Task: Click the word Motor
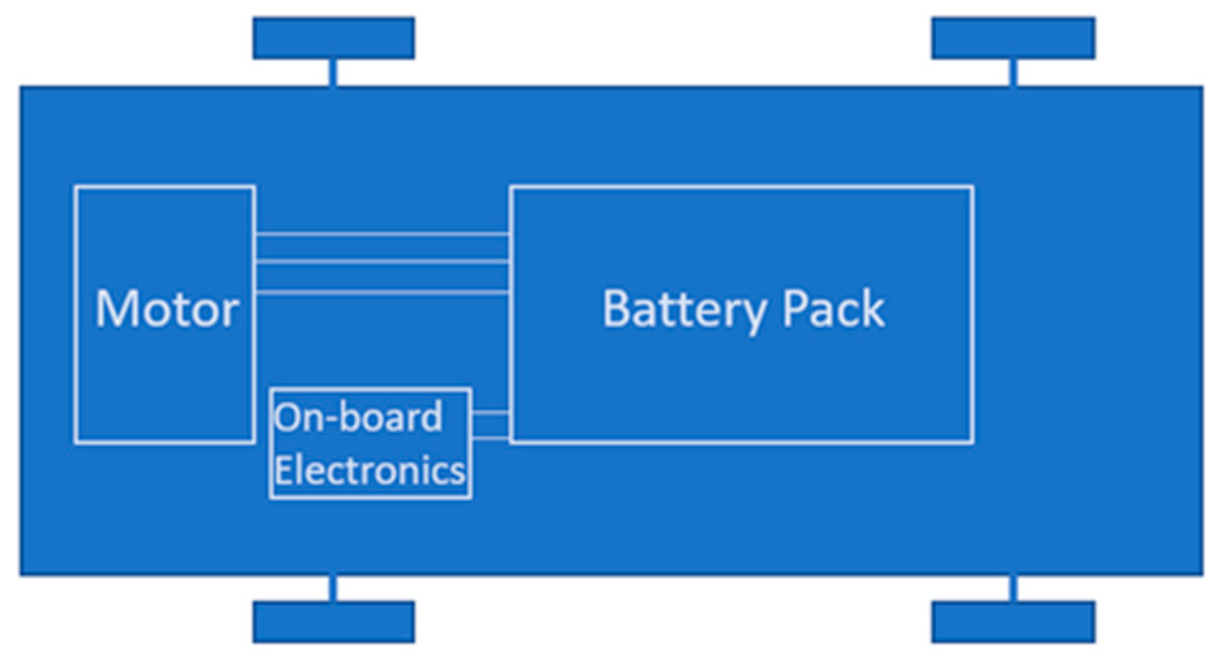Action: [166, 309]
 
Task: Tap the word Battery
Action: [683, 309]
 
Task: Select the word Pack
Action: [833, 309]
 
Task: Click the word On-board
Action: [358, 418]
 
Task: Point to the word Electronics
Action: [370, 470]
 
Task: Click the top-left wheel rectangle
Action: [334, 39]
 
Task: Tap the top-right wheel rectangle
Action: [1013, 39]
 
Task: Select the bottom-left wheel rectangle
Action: [334, 621]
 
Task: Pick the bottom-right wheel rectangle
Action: [1013, 621]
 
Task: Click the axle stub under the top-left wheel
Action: [333, 73]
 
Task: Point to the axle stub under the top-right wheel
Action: [1013, 73]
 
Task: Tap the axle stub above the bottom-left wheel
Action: [333, 588]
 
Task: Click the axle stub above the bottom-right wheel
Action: [1013, 588]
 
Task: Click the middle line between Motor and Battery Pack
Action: [382, 263]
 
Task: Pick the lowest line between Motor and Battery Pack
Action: [382, 292]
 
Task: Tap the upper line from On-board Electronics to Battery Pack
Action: [490, 413]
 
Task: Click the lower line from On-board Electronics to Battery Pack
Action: [490, 437]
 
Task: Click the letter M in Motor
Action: [116, 309]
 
